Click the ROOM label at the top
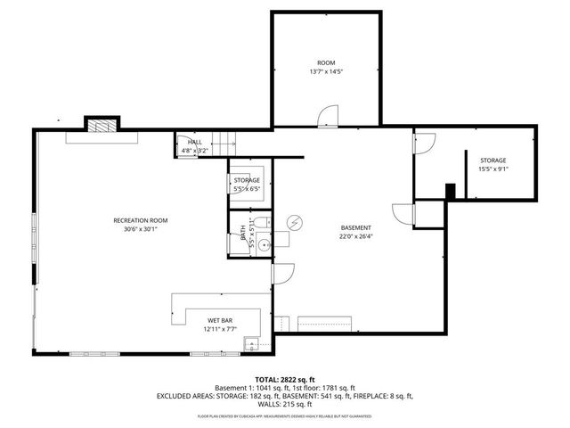(x=325, y=62)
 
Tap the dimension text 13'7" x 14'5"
(x=325, y=71)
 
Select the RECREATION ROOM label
(x=140, y=220)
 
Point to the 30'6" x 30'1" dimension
(x=140, y=229)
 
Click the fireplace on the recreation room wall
(x=102, y=125)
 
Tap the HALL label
(x=194, y=143)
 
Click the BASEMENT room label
(x=354, y=227)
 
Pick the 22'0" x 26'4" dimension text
(x=354, y=236)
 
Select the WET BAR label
(x=221, y=320)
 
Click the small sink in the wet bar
(x=253, y=343)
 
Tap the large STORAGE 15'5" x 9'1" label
(x=493, y=160)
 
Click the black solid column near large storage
(x=451, y=191)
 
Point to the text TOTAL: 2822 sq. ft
(x=285, y=379)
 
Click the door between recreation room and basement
(x=283, y=274)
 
